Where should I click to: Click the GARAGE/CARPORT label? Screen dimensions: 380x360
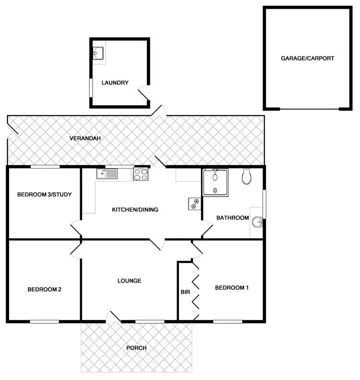307,58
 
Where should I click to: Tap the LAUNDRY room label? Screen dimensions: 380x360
115,83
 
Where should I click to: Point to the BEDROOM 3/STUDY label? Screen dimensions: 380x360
44,195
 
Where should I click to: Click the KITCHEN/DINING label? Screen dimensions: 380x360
135,209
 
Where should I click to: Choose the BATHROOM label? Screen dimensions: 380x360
233,218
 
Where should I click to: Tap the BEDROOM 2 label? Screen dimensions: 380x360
44,289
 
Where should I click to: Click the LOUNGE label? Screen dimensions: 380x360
129,281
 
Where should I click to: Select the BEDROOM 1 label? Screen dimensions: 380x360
232,288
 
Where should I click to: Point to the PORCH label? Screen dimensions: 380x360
136,348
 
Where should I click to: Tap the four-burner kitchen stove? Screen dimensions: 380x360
141,174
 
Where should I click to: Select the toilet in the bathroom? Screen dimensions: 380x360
247,176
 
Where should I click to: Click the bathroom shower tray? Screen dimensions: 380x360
216,182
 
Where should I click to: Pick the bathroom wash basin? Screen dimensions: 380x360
257,221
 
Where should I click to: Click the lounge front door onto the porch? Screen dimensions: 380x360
113,317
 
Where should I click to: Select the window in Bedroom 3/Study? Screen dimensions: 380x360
45,167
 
